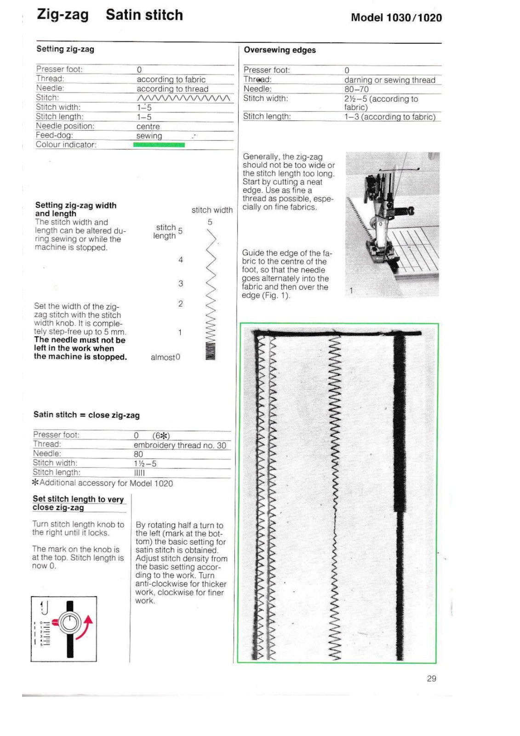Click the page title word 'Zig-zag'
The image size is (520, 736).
tap(63, 15)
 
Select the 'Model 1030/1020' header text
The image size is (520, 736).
tap(396, 18)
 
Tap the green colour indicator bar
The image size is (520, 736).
tap(159, 145)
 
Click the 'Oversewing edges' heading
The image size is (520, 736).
tap(280, 50)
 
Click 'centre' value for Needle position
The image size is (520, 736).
tap(148, 126)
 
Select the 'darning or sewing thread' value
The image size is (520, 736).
tap(389, 80)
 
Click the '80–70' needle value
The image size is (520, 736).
tap(356, 89)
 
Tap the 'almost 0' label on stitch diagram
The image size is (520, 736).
tap(165, 357)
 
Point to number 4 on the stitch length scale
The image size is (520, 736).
tap(181, 260)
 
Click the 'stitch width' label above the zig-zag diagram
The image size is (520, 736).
tap(212, 210)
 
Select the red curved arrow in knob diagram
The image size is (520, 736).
tap(86, 627)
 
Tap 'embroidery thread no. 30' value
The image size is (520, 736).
tap(180, 445)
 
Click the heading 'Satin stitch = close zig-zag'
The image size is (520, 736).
tap(86, 415)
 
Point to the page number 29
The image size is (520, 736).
tap(431, 678)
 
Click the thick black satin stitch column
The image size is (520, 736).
tap(399, 423)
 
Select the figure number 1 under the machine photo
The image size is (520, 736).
tap(351, 291)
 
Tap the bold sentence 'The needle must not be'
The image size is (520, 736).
tap(80, 340)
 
